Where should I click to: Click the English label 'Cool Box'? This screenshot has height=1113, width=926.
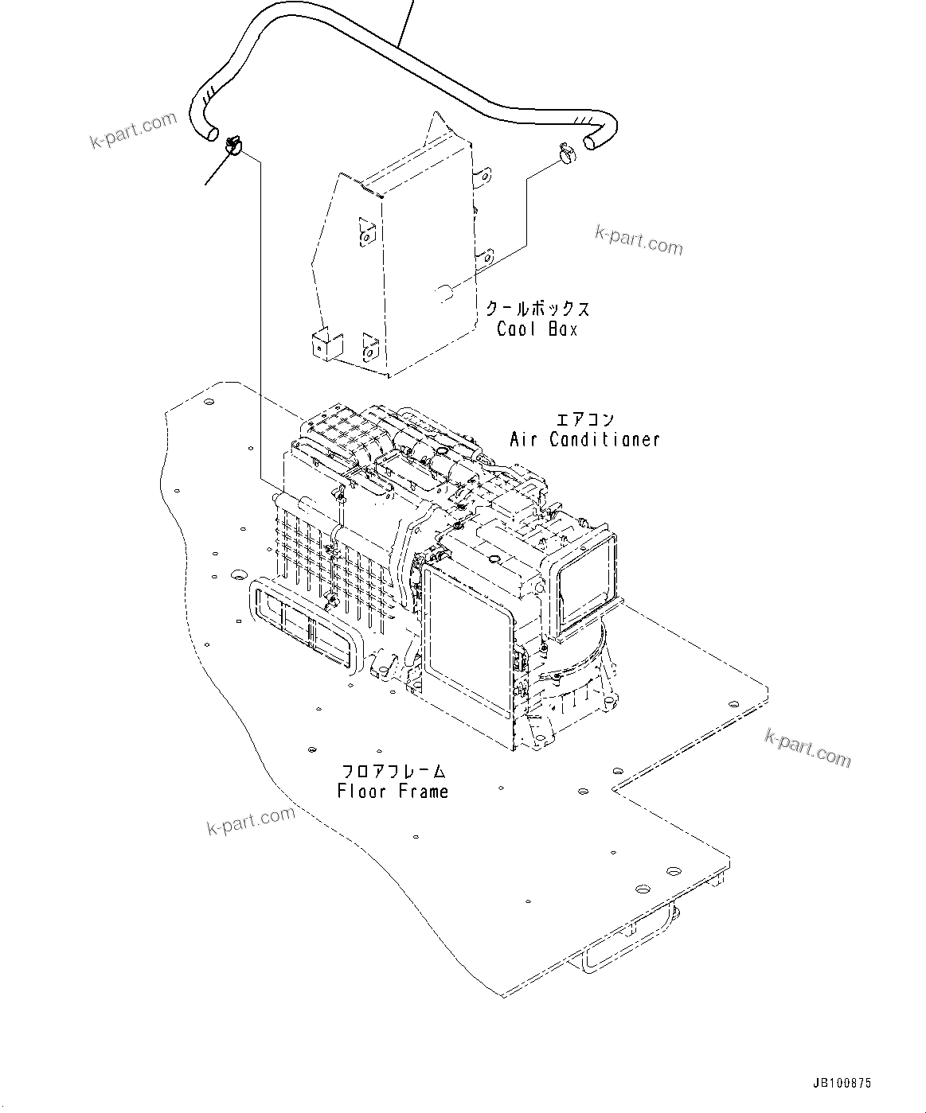click(x=537, y=329)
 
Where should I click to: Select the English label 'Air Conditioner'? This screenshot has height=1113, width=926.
click(x=584, y=438)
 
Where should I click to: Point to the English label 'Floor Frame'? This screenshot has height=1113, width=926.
click(x=393, y=791)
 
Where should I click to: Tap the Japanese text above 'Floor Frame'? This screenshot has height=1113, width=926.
click(x=393, y=771)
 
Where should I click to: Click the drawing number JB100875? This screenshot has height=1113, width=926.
click(x=842, y=1083)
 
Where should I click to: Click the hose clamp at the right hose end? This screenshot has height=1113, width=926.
click(x=568, y=153)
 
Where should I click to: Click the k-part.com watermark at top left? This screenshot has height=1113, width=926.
click(x=133, y=130)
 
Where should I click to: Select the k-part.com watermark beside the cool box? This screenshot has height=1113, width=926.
click(x=639, y=239)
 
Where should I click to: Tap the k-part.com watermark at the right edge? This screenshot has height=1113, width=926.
click(x=807, y=746)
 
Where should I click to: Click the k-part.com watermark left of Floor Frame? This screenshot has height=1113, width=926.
click(x=251, y=820)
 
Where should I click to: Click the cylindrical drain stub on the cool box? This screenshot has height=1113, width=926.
click(x=444, y=294)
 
